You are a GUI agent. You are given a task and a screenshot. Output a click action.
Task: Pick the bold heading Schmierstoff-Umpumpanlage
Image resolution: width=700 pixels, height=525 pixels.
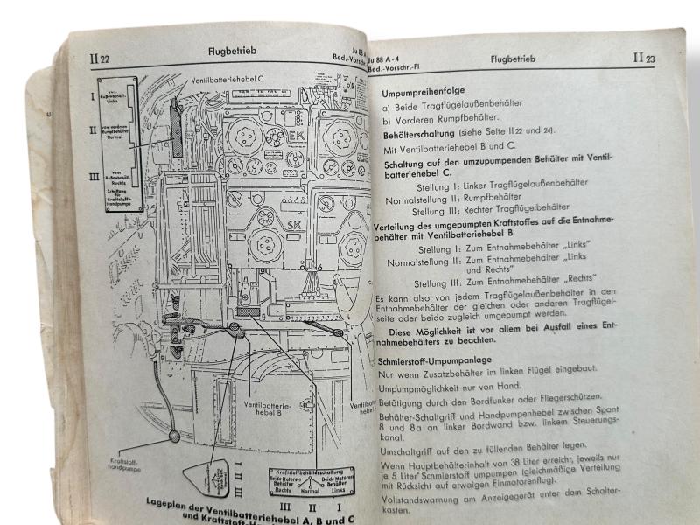(x=434, y=360)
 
